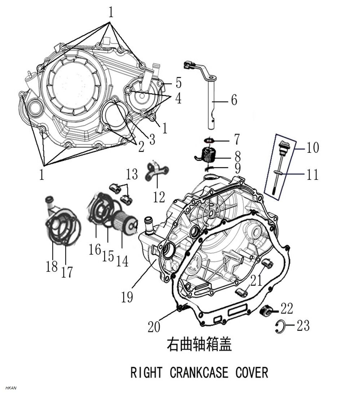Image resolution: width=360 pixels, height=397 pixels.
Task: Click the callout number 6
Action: pos(234,100)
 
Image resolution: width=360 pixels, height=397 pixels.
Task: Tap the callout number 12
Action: pos(159,197)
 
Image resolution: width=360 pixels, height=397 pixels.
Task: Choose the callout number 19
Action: pos(127,297)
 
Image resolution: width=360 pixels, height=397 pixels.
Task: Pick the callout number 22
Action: pos(286,309)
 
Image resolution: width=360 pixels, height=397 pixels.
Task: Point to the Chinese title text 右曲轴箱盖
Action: pos(199,344)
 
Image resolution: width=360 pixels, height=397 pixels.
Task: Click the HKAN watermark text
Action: pos(11,388)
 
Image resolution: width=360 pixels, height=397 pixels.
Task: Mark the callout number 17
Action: pos(67,272)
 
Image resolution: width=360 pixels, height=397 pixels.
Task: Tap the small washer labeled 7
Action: pos(208,140)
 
